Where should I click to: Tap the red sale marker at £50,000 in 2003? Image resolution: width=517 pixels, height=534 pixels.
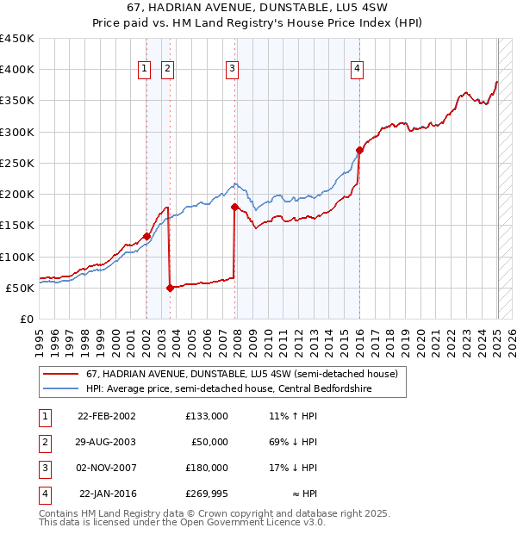(170, 288)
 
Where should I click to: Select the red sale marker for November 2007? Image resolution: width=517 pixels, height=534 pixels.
(234, 207)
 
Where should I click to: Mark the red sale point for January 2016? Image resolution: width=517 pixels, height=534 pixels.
(359, 150)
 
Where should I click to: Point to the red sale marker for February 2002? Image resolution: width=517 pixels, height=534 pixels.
(146, 236)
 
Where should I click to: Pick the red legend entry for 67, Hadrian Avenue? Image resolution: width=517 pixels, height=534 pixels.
(241, 375)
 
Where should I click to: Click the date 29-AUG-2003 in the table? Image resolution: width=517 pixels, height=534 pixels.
(107, 442)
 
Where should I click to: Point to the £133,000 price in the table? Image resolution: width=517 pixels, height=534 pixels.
(206, 416)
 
